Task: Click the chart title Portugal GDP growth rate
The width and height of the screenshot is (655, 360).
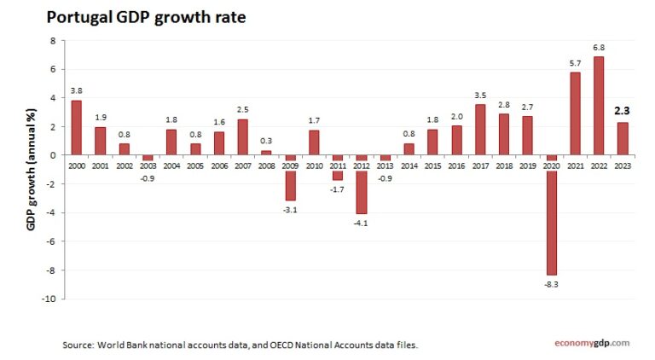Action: click(146, 17)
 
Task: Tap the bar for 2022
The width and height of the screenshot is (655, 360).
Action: click(599, 106)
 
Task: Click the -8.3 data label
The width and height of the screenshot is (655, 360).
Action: click(551, 284)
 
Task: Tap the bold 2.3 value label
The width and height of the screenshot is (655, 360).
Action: click(622, 110)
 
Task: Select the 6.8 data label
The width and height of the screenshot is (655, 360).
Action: click(599, 47)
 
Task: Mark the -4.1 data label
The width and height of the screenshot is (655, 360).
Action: click(361, 224)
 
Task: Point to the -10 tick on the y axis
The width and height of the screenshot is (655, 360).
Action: click(50, 299)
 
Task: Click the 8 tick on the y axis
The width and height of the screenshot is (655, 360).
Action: click(53, 40)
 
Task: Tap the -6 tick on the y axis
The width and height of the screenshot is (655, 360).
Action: click(52, 241)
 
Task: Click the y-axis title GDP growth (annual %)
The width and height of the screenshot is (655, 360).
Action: click(31, 170)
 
